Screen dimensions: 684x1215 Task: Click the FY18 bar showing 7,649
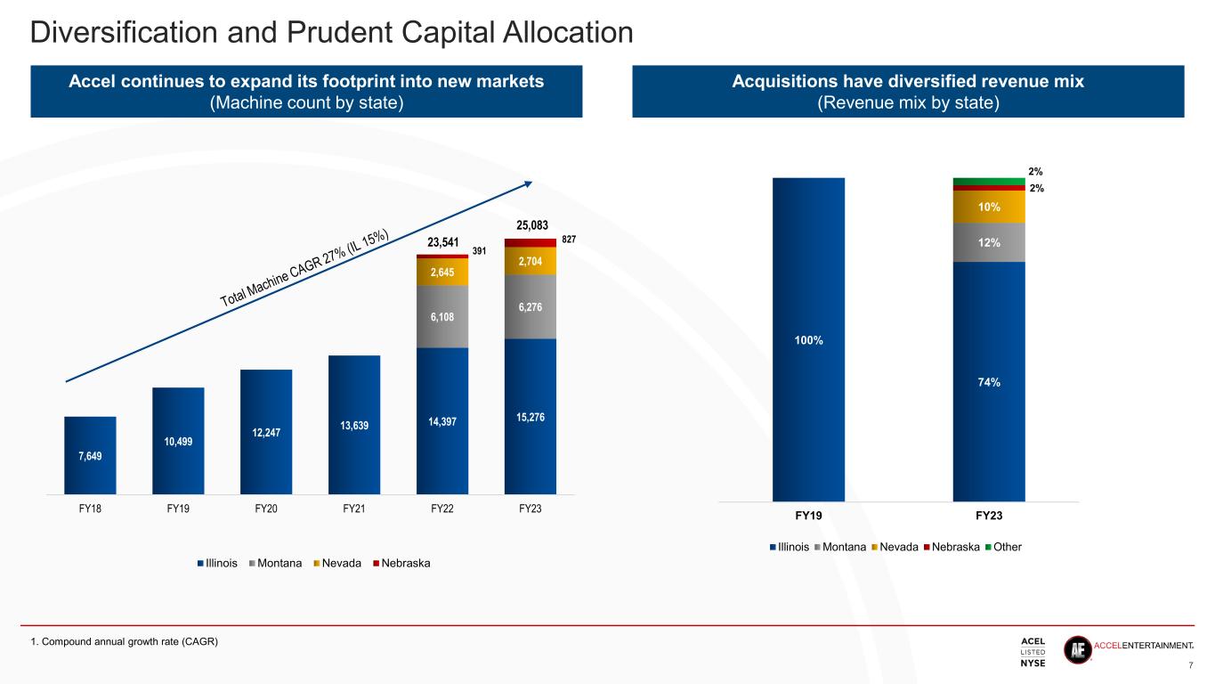click(x=90, y=455)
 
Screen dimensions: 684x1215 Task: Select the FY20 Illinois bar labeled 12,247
click(x=266, y=431)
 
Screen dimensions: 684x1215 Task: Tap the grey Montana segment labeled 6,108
click(x=442, y=316)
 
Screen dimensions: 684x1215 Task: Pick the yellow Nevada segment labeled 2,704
click(x=531, y=260)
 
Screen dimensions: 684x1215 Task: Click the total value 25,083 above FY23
click(x=531, y=224)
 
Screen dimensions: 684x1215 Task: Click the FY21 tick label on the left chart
click(x=354, y=509)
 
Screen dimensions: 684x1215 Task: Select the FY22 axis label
click(x=442, y=509)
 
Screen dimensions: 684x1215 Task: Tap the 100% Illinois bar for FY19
click(x=808, y=339)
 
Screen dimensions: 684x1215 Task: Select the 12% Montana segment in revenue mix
click(x=989, y=241)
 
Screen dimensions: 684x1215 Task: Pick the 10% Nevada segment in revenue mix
click(x=989, y=207)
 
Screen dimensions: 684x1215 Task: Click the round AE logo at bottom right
click(x=1079, y=650)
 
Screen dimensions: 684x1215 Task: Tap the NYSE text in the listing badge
click(x=1033, y=662)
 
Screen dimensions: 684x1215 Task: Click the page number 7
click(x=1191, y=664)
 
